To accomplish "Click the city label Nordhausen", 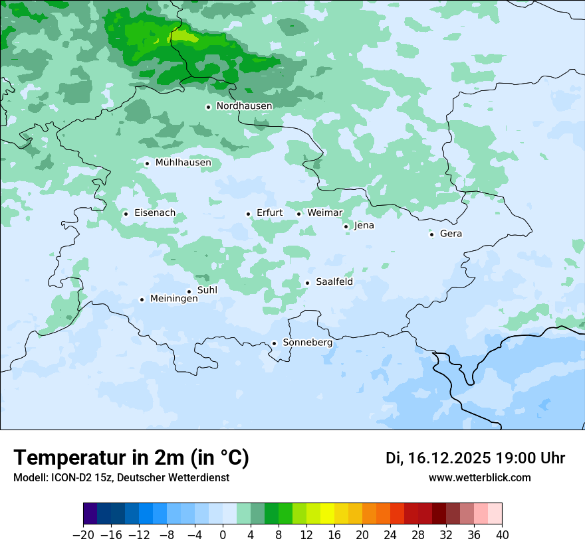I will [x=244, y=106].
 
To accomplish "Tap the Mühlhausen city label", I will [x=183, y=163].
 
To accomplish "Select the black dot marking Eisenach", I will [x=126, y=214].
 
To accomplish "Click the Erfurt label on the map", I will [x=269, y=213].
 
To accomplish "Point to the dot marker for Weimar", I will [x=299, y=214].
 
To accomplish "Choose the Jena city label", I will [x=364, y=226].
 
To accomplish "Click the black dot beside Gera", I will [x=432, y=234].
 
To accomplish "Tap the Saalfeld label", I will [x=334, y=282].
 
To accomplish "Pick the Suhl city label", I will [x=207, y=290].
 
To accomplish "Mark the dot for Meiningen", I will [x=142, y=300].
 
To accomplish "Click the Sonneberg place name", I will [x=307, y=343].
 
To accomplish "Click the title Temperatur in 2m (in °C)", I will [x=131, y=458].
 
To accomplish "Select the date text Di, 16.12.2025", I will [x=438, y=458].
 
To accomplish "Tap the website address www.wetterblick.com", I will [x=479, y=478].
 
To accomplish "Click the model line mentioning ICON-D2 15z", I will [x=121, y=478].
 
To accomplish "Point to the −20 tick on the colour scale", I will [x=83, y=535].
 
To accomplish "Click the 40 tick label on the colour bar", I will [x=502, y=535].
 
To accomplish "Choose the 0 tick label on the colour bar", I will [x=223, y=535].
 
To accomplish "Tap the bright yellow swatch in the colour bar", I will [x=327, y=514].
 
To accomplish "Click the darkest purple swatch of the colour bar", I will [x=90, y=514].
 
